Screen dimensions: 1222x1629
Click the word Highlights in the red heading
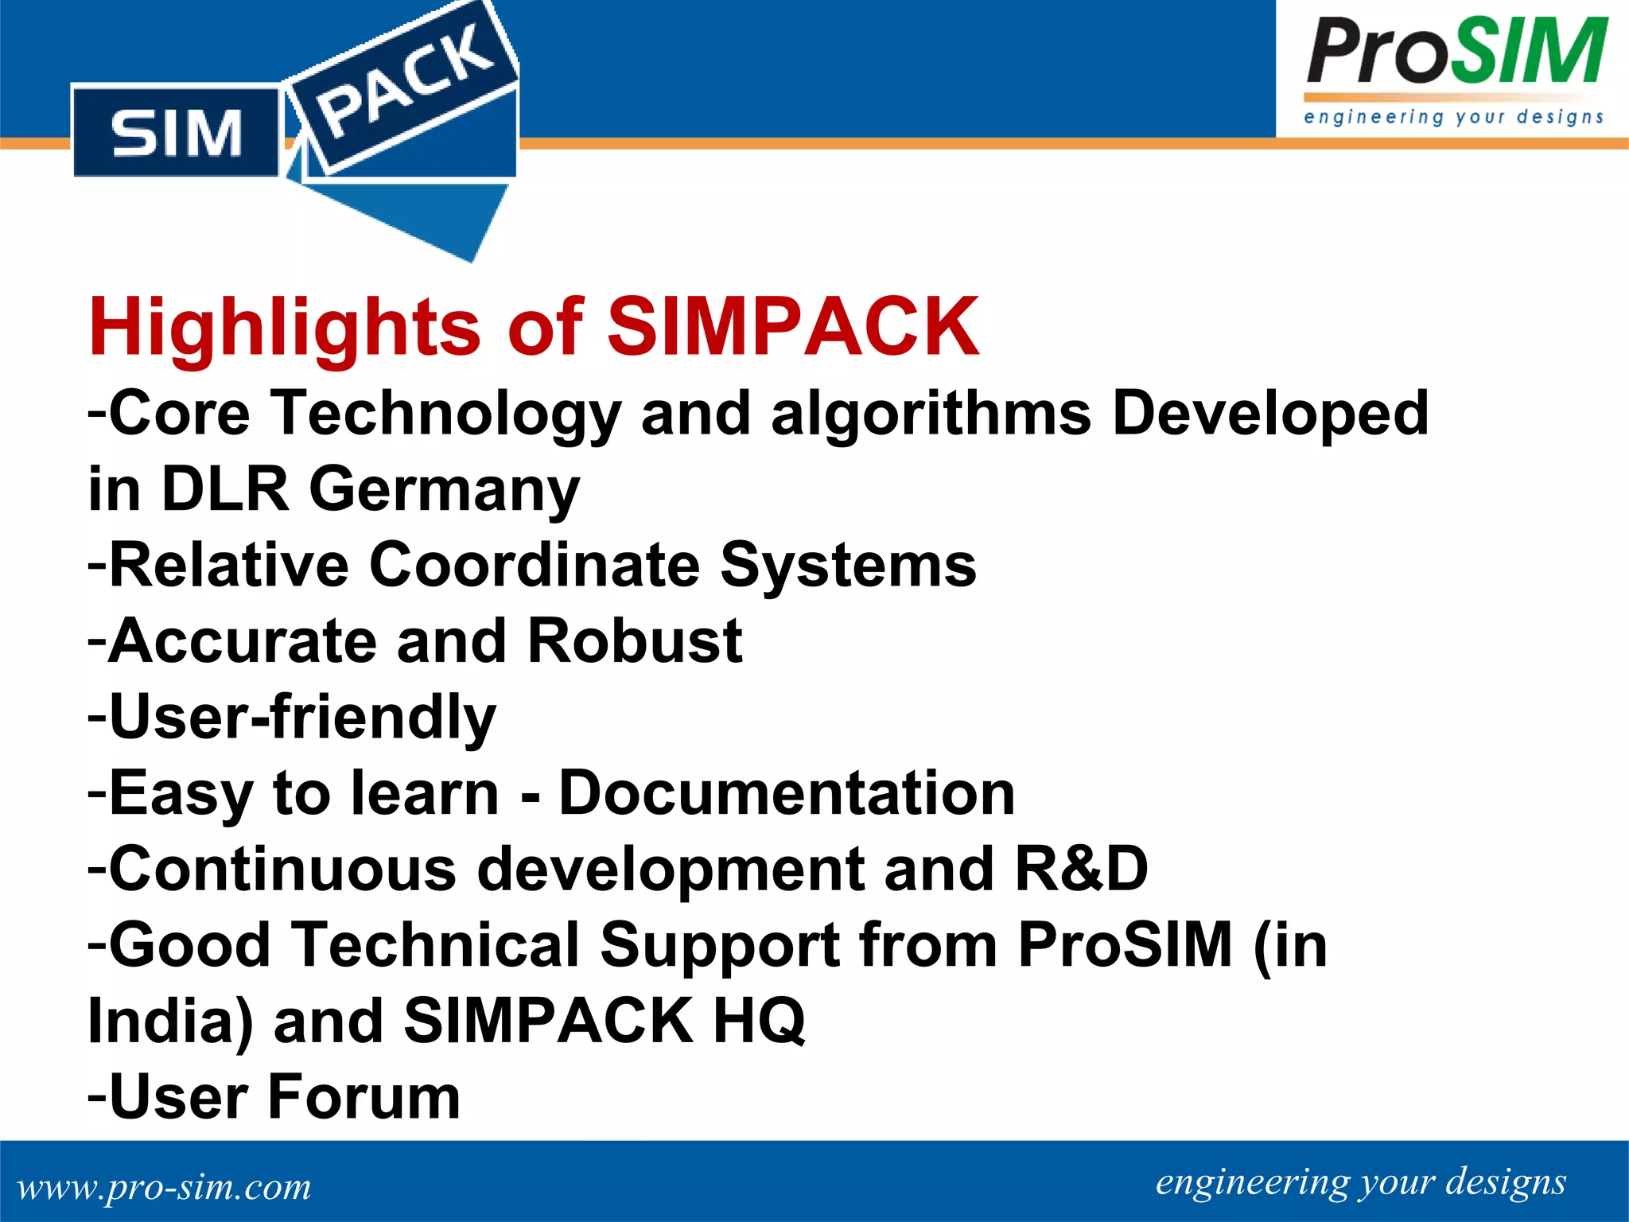(x=285, y=328)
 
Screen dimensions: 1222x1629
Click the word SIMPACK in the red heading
(x=793, y=326)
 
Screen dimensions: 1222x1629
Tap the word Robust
(x=634, y=640)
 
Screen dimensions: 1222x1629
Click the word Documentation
(x=787, y=793)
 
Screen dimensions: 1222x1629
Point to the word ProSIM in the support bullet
(x=1125, y=945)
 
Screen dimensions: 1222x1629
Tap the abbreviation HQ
(x=759, y=1021)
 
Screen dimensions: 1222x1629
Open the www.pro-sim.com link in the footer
(x=164, y=1187)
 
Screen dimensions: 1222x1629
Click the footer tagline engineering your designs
(x=1360, y=1182)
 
